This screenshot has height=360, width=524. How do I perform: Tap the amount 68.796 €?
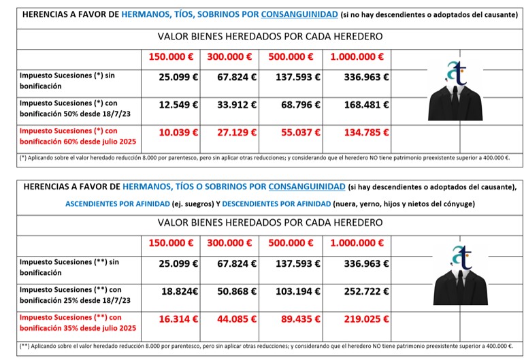tap(297, 105)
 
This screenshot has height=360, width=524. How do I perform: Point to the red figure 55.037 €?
tap(297, 133)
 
